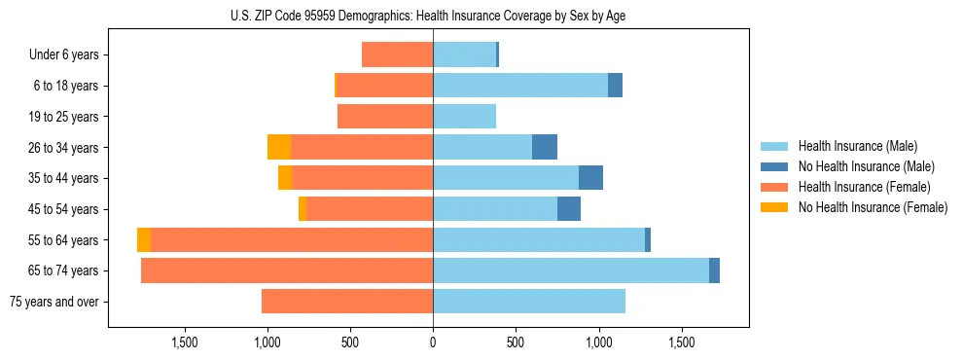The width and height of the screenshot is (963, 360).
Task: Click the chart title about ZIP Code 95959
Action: tap(433, 16)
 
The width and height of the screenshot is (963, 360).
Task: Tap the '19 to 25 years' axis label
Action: tap(64, 117)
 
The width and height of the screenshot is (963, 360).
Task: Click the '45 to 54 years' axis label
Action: tap(64, 209)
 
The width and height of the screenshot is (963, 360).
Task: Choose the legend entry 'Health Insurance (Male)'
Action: tap(857, 146)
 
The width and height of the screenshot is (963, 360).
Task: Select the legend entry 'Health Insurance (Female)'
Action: tap(864, 187)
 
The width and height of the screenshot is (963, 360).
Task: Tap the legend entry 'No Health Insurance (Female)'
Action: tap(873, 207)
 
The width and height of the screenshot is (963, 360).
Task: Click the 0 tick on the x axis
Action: tap(433, 342)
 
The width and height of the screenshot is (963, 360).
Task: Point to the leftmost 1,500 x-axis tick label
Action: tap(185, 342)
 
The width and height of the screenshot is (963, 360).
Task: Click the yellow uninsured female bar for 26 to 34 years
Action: tap(279, 147)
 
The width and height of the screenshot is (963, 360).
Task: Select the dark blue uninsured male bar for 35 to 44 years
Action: tap(590, 178)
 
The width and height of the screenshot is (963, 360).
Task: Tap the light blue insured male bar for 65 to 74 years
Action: tap(571, 270)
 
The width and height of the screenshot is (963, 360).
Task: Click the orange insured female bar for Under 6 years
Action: tap(397, 55)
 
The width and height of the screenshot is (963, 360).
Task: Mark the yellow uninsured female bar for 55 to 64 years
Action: tap(144, 239)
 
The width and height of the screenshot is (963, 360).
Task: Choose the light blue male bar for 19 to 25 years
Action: tap(464, 117)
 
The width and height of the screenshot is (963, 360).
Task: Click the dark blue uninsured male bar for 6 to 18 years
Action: tap(615, 86)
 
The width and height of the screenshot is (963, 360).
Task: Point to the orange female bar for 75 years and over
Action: tap(347, 302)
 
